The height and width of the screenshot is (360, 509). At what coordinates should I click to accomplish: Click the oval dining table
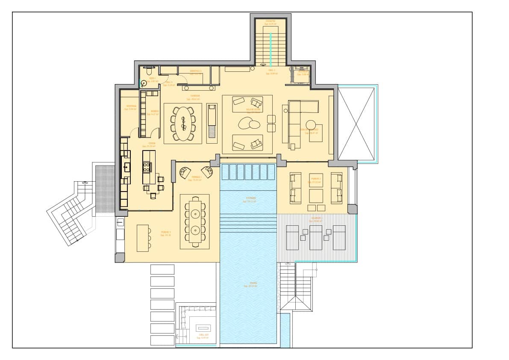[183, 123]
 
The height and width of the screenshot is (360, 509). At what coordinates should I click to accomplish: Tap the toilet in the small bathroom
[148, 73]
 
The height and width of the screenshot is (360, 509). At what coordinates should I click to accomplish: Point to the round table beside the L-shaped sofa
[311, 124]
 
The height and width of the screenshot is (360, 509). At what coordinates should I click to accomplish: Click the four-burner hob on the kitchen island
[147, 167]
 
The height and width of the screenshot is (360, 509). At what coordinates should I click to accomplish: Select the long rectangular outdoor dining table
[194, 221]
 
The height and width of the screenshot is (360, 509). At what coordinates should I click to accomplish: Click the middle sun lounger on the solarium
[315, 237]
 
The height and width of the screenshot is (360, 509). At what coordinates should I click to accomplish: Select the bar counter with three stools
[143, 238]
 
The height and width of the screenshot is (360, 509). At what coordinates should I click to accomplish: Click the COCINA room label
[151, 143]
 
